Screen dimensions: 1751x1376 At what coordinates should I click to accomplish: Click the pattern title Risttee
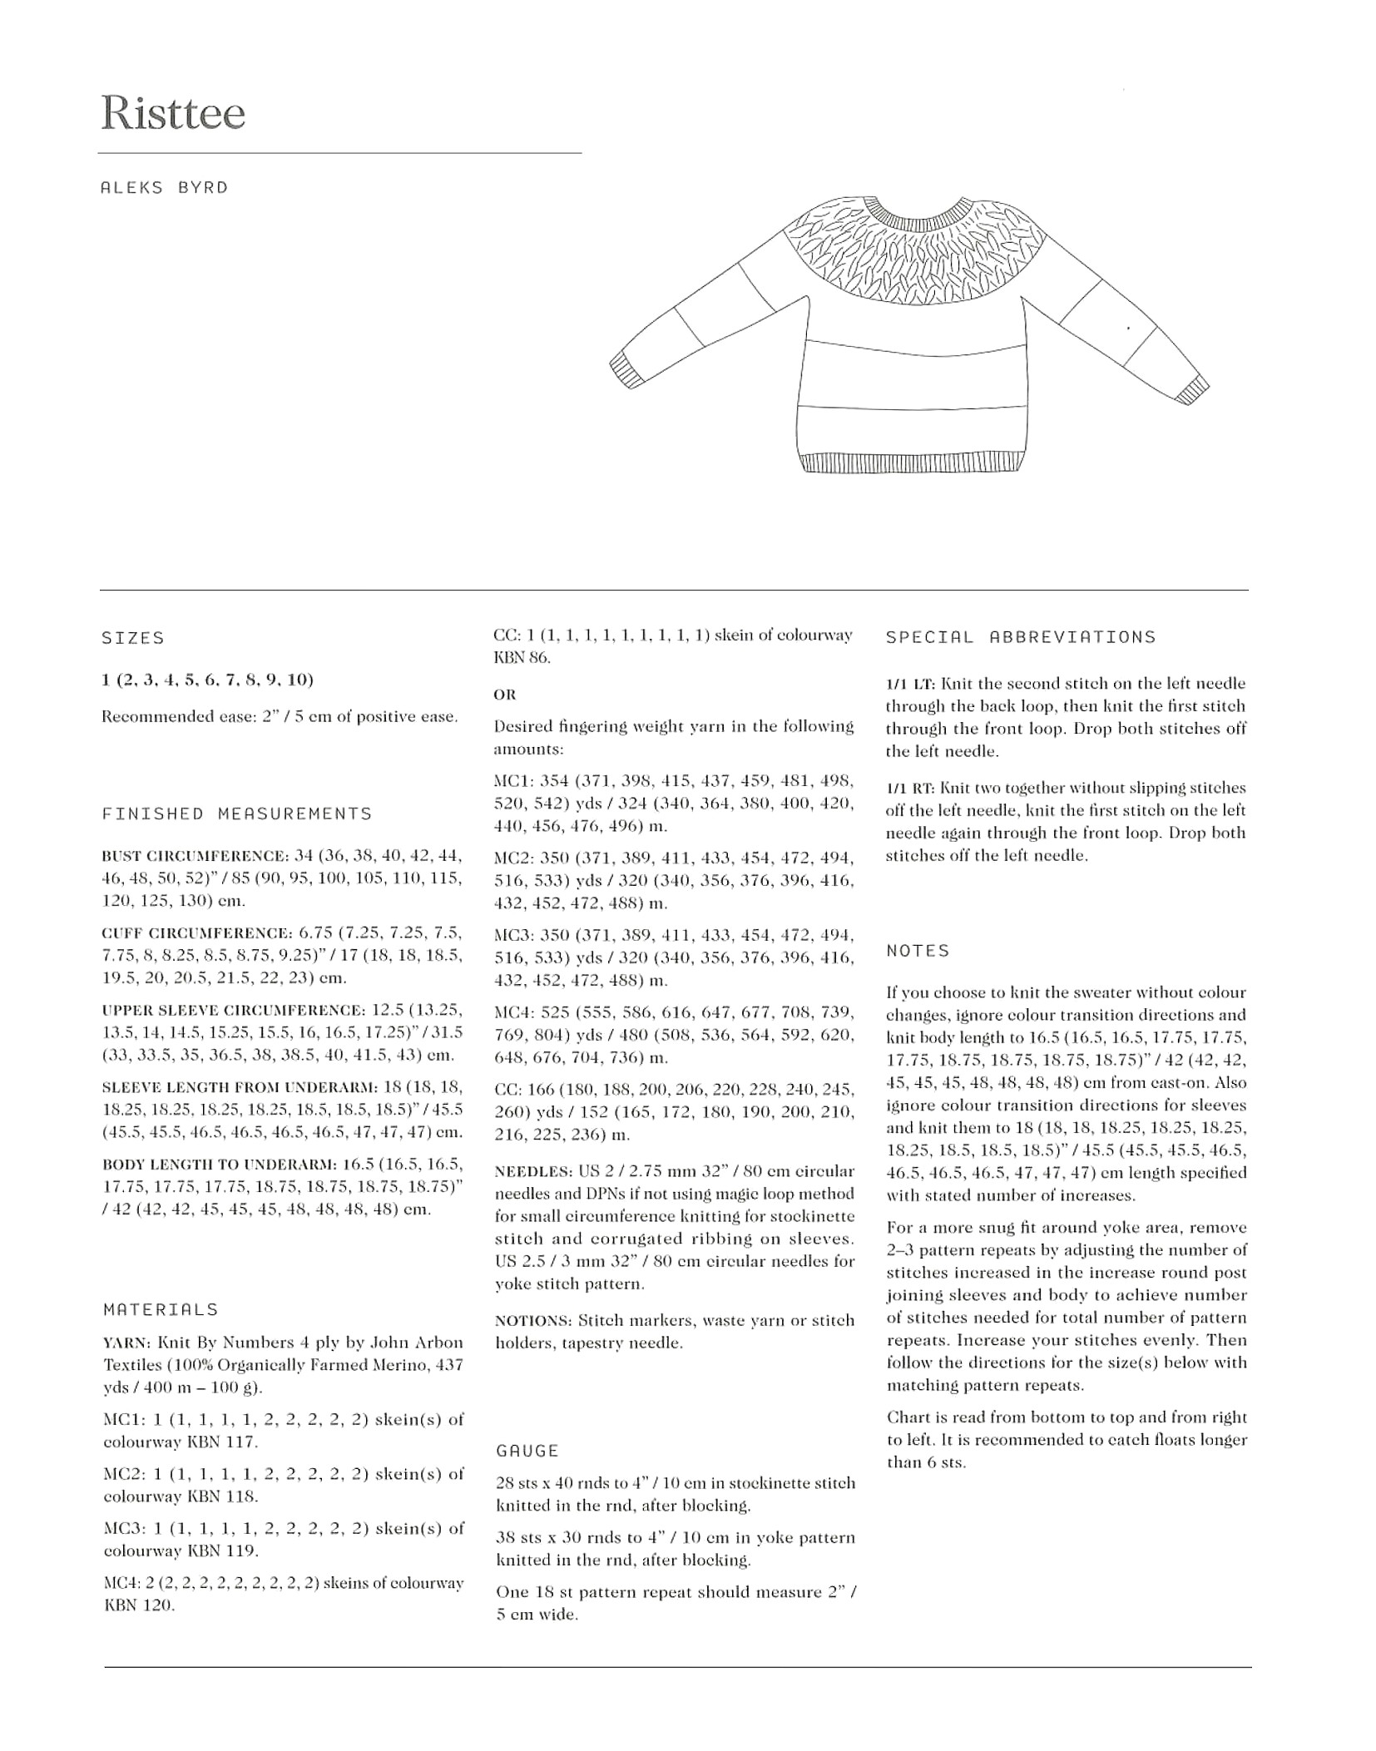point(173,113)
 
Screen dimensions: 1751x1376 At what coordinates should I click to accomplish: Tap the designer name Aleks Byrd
point(164,188)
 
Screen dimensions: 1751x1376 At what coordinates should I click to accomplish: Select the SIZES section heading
point(133,638)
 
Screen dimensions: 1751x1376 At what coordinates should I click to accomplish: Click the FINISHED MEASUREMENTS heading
point(237,814)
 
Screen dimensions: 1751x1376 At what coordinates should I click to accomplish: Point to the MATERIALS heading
point(161,1309)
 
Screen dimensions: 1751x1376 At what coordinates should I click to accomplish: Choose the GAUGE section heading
point(527,1451)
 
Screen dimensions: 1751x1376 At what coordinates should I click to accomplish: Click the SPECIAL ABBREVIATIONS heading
point(1021,637)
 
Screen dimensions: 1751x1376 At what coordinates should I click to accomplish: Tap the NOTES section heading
point(918,951)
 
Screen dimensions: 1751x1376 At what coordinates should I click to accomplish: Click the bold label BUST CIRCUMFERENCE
point(195,856)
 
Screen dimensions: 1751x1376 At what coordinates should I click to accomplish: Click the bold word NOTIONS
point(532,1321)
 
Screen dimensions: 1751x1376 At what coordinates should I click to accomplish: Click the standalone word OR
point(505,695)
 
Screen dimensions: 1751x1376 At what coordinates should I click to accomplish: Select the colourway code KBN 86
point(522,657)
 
